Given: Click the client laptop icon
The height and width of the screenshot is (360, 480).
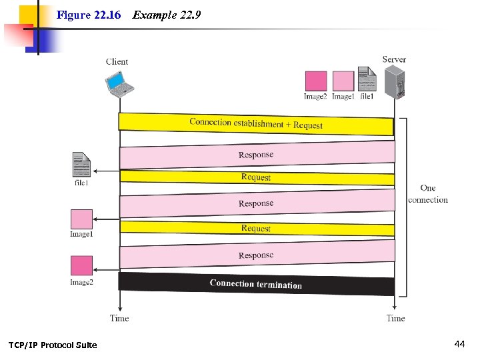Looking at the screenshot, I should [x=119, y=83].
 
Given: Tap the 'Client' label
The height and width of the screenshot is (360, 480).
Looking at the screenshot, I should [x=117, y=62].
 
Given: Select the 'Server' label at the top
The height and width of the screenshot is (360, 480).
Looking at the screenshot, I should [x=394, y=59].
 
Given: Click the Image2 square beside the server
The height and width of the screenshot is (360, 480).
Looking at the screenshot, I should [x=315, y=81].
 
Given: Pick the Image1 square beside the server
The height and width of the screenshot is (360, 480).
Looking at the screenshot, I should [x=343, y=81].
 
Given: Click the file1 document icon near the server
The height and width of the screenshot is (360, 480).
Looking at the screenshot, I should [x=367, y=79].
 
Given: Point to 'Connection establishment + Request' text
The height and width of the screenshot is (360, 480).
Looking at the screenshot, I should [x=256, y=123].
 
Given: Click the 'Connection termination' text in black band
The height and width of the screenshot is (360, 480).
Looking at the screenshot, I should [x=255, y=284].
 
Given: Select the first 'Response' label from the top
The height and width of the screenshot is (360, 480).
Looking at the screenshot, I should [x=256, y=155].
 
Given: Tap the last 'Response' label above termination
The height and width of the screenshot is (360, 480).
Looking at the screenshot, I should [x=256, y=255].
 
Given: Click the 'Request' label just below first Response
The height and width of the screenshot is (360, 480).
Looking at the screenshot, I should [x=256, y=177].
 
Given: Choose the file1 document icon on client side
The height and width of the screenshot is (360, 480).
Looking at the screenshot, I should [x=81, y=165].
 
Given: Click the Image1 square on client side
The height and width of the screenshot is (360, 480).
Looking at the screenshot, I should [x=81, y=219].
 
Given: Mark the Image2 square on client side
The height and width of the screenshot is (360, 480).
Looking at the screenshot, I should [x=81, y=266].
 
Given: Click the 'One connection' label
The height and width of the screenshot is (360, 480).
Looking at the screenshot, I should [x=428, y=194].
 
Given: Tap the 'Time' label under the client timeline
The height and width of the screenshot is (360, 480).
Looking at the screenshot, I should [x=119, y=319].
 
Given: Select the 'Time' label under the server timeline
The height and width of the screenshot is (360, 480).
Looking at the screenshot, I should [x=395, y=319].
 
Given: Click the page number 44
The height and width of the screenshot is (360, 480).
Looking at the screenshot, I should [x=459, y=344].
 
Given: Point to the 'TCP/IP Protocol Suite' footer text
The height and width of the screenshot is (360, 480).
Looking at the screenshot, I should [x=53, y=345].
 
